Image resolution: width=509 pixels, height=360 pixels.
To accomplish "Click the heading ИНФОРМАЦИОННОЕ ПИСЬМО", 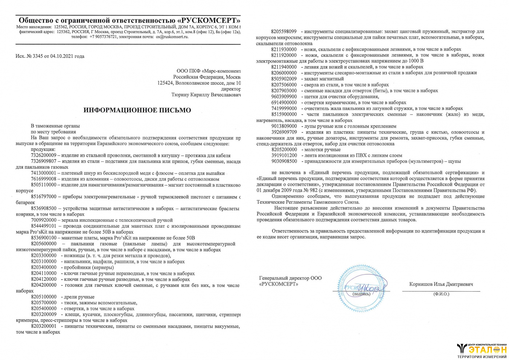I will [x=137, y=110].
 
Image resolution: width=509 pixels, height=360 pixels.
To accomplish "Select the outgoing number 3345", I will [x=37, y=56].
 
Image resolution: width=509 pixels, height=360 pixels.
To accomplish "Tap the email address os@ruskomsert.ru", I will [x=172, y=37].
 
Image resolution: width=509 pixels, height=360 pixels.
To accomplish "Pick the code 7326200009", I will [x=44, y=156].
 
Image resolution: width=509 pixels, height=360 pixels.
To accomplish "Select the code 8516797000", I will [x=44, y=197].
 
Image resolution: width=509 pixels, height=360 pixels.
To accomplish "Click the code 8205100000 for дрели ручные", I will [x=44, y=297].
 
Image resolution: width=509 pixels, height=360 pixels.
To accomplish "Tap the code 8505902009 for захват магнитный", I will [x=284, y=79].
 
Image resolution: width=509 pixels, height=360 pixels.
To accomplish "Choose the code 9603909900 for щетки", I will [x=284, y=97].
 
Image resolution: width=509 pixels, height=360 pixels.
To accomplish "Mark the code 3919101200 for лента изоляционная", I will [x=284, y=155].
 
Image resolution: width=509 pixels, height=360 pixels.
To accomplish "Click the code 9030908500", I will [x=284, y=161].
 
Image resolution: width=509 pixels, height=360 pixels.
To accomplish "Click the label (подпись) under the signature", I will [x=361, y=294].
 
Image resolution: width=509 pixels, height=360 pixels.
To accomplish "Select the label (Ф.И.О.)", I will [x=441, y=294].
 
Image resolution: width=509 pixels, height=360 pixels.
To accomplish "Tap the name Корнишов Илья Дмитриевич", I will [x=441, y=284].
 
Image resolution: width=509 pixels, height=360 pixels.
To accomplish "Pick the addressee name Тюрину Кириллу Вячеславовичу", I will [x=206, y=95].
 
